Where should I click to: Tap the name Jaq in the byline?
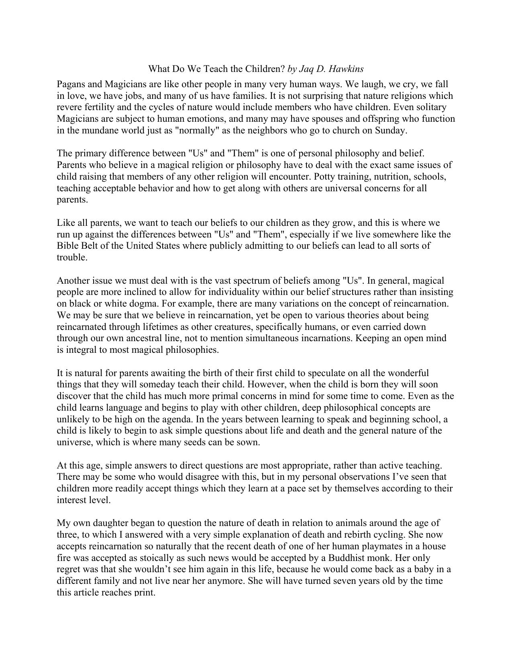coord(306,69)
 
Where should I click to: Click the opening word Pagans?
coord(71,84)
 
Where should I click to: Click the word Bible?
coord(66,246)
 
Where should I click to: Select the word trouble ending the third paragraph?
coord(72,258)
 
